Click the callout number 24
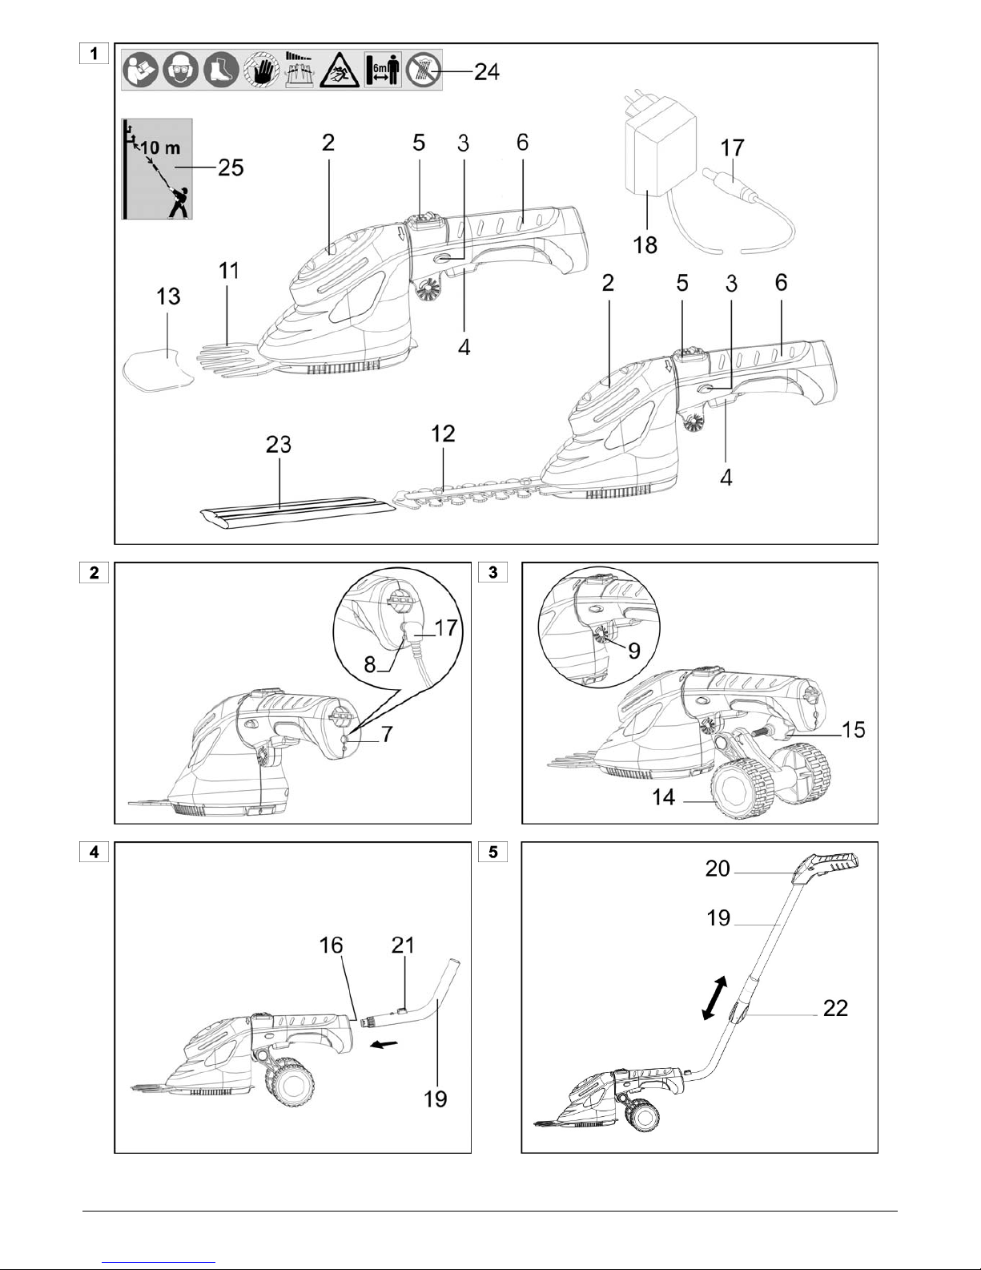tap(486, 71)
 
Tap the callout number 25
tap(231, 167)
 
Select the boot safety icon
tap(221, 70)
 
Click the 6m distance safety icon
tap(383, 70)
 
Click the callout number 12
tap(443, 433)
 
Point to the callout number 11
tap(229, 271)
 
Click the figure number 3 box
tap(493, 572)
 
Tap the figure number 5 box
tap(493, 852)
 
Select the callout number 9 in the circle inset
tap(634, 651)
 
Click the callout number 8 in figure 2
tap(370, 664)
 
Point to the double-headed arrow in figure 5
tap(714, 998)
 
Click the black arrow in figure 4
tap(384, 1043)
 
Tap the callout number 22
tap(835, 1007)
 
